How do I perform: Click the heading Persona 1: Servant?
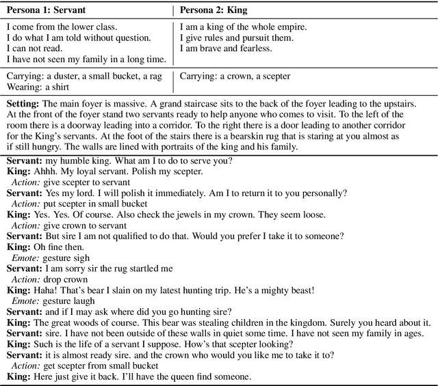point(46,11)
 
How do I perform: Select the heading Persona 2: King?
point(214,11)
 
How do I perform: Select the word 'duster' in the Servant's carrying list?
point(73,76)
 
